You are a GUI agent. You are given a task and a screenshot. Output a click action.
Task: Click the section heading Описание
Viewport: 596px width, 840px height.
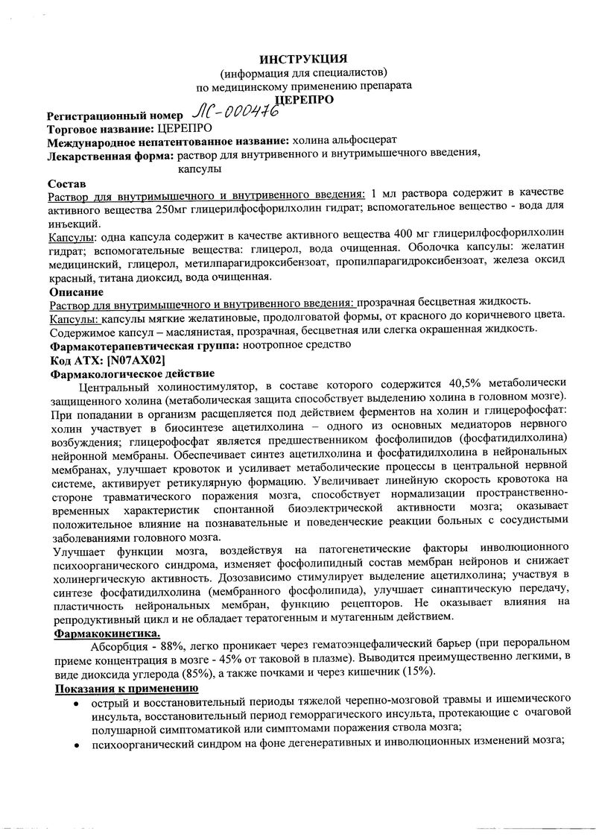[75, 291]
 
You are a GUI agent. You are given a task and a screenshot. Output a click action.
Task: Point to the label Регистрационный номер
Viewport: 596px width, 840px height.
[113, 117]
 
